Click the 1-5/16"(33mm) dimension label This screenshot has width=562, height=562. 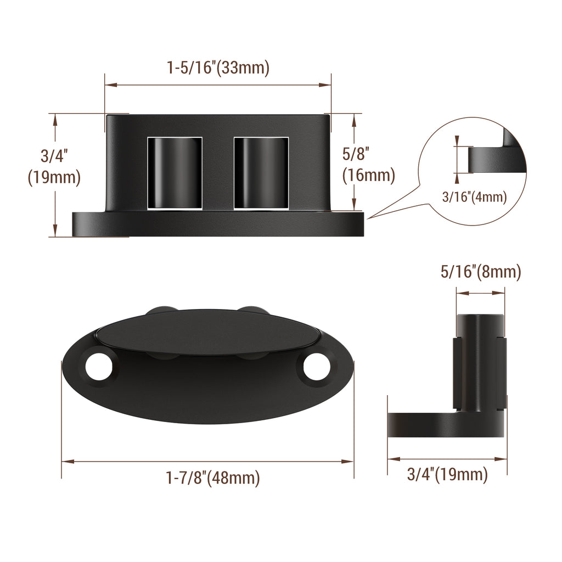pyautogui.click(x=218, y=68)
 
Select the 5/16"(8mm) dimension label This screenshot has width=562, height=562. pyautogui.click(x=480, y=272)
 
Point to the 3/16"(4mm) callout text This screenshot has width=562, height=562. pyautogui.click(x=474, y=196)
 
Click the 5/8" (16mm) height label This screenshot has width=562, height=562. pyautogui.click(x=368, y=165)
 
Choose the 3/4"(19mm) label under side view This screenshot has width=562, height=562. pyautogui.click(x=447, y=474)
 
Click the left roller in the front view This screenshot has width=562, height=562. pyautogui.click(x=175, y=173)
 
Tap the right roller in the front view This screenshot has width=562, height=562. pyautogui.click(x=261, y=173)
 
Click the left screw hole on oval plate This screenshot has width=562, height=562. pyautogui.click(x=99, y=366)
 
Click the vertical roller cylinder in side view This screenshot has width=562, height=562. pyautogui.click(x=480, y=362)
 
